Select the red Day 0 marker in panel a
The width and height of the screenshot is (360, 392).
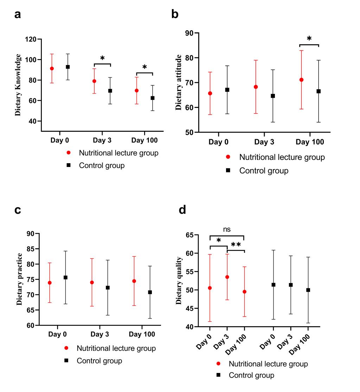point(52,69)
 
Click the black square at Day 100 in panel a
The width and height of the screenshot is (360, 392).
point(153,98)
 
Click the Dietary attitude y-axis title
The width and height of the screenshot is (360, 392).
point(179,83)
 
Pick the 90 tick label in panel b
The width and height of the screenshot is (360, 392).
point(190,33)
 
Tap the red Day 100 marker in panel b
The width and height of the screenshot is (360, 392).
point(301,80)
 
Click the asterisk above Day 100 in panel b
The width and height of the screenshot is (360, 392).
point(309,39)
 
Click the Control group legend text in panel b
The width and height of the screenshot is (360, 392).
point(264,171)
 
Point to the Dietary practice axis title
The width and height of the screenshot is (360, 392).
point(20,279)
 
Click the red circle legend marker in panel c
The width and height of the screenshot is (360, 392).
point(66,348)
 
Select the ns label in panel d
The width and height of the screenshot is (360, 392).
point(227,229)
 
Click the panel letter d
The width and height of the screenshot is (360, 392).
point(182,210)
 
